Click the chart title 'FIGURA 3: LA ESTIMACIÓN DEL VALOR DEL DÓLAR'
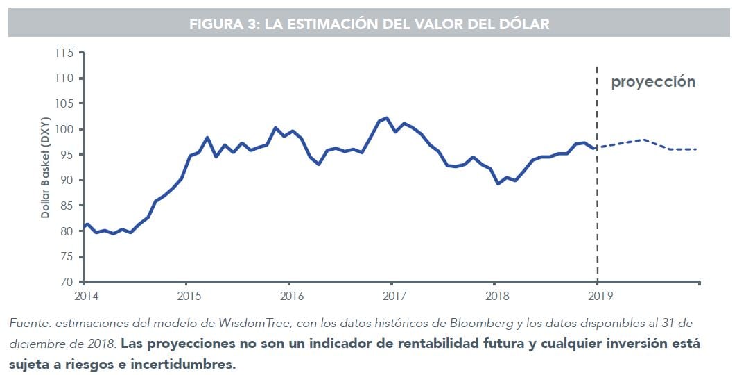369,24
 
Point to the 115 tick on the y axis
64,53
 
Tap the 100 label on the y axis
64,130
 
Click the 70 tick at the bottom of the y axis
67,283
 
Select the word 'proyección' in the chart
652,82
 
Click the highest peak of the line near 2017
386,118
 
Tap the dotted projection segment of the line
645,141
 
